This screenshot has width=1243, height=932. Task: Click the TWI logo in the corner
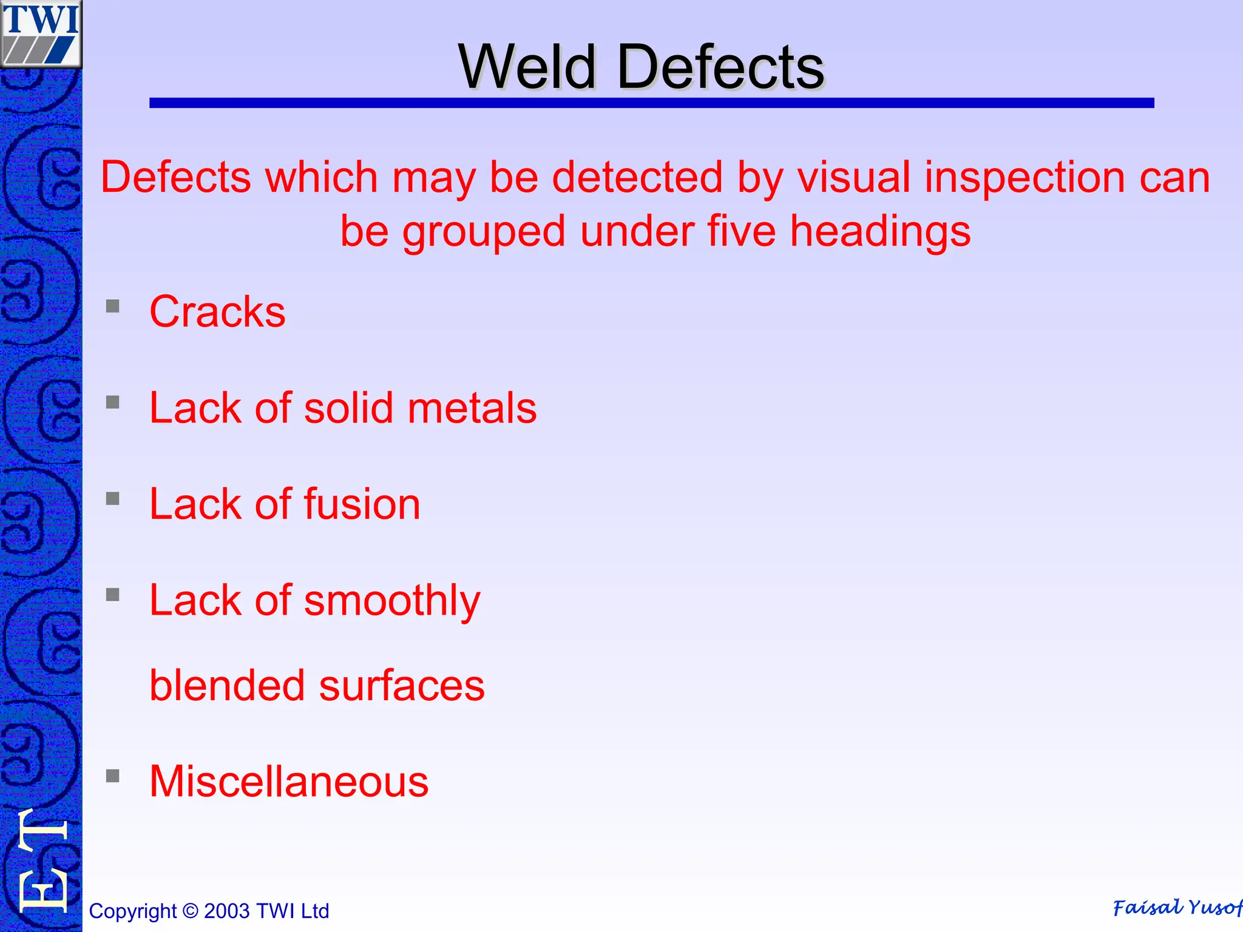(41, 33)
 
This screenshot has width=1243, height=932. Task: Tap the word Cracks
(217, 312)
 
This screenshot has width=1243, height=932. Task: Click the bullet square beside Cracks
(113, 306)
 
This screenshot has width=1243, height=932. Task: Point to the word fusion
(362, 504)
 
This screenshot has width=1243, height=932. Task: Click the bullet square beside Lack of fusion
(113, 499)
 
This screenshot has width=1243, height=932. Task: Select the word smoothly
(391, 601)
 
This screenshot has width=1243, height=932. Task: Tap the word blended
(227, 686)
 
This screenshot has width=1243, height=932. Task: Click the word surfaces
(402, 686)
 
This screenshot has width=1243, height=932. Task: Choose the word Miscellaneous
(289, 782)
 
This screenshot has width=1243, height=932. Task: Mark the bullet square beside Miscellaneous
(113, 776)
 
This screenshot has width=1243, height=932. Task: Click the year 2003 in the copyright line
(227, 911)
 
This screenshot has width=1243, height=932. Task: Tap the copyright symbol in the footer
(190, 911)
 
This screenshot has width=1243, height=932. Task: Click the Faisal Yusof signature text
(1176, 908)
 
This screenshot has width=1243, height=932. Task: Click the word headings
(880, 232)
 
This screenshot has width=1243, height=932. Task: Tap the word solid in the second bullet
(348, 408)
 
